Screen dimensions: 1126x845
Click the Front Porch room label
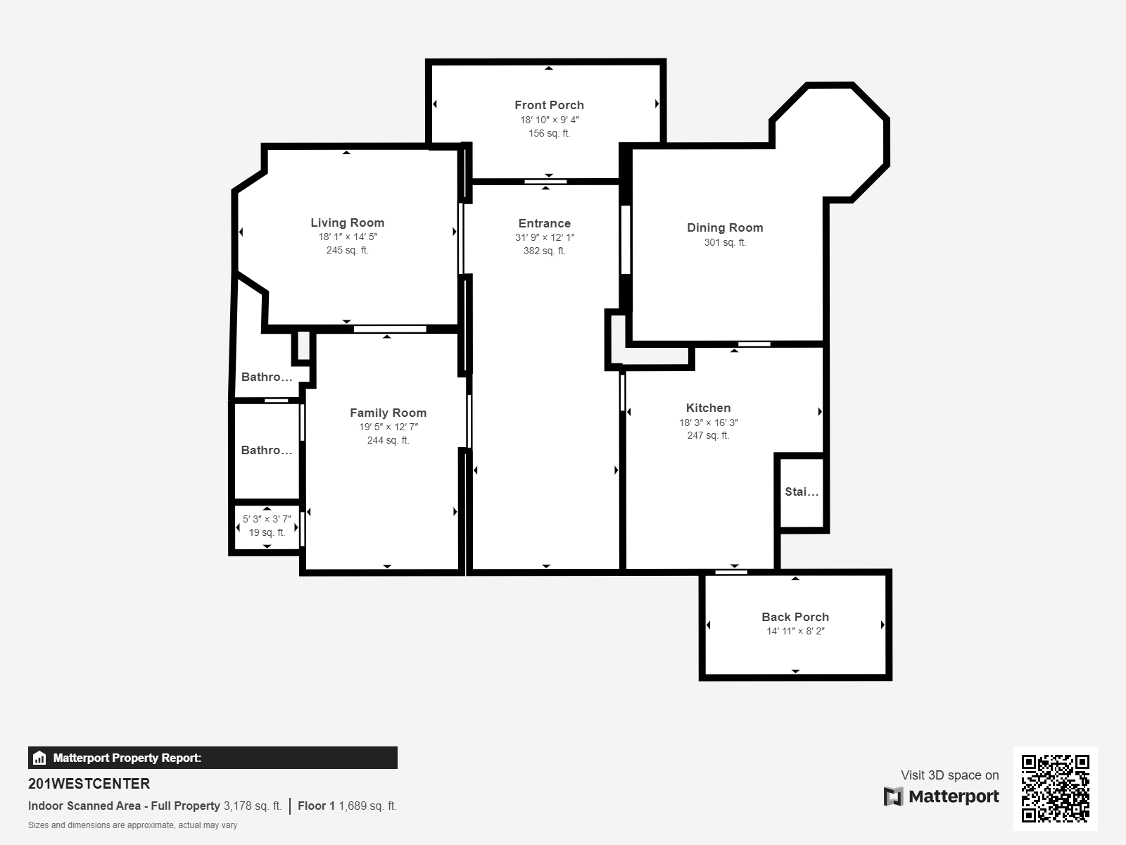(x=549, y=105)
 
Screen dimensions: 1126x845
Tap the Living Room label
(x=347, y=223)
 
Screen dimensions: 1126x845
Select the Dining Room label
(x=725, y=227)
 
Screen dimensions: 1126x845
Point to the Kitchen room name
(x=708, y=408)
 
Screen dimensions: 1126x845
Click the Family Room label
(x=388, y=413)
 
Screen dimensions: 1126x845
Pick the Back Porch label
(x=795, y=618)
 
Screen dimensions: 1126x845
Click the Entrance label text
(x=544, y=224)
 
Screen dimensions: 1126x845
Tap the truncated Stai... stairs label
(x=802, y=492)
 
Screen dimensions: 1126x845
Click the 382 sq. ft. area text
(x=544, y=251)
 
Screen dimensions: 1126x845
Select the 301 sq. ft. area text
(x=725, y=242)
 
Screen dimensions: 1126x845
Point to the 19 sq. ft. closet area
(x=267, y=532)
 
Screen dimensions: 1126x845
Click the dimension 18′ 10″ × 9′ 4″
(x=550, y=120)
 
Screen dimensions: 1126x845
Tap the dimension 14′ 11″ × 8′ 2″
(x=795, y=631)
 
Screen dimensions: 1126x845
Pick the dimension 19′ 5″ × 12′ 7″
(x=388, y=427)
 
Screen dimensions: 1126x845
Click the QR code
(x=1055, y=789)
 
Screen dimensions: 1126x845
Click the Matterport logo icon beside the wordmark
(x=893, y=796)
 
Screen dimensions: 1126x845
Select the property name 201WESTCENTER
(x=89, y=784)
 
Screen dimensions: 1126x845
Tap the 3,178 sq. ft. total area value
(x=253, y=806)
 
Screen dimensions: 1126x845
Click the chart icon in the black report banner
(x=39, y=758)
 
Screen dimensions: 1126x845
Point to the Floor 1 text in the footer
(x=316, y=806)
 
